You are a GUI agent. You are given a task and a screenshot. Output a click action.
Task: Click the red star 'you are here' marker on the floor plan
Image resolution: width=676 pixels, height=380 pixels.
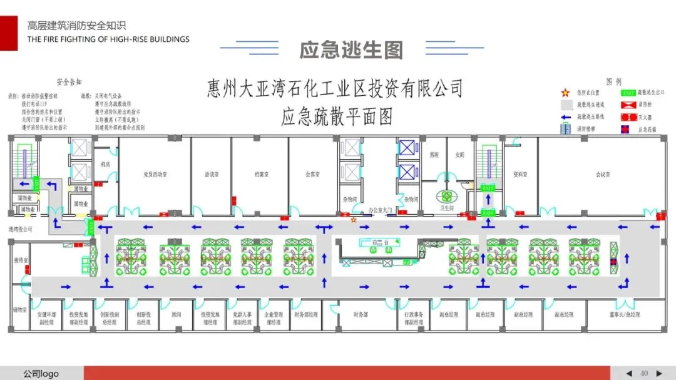[x=354, y=220]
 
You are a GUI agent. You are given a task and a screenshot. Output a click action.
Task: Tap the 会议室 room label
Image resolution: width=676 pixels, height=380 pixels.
[x=603, y=175]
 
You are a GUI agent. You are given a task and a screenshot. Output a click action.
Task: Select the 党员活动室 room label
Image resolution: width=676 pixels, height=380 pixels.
[x=155, y=175]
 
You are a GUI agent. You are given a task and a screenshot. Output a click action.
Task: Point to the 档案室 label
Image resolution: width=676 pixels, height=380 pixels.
[x=262, y=175]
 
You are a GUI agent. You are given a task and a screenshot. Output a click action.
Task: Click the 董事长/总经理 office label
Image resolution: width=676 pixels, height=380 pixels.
[x=625, y=314]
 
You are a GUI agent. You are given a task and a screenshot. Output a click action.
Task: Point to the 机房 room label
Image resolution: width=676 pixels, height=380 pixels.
[x=105, y=164]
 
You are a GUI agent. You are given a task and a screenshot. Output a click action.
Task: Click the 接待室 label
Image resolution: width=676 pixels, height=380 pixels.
[x=21, y=259]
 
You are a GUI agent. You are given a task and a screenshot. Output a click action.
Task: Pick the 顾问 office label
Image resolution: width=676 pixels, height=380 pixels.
[x=176, y=314]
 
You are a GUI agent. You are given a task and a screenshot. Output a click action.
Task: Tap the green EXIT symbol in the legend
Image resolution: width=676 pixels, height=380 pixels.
[x=628, y=93]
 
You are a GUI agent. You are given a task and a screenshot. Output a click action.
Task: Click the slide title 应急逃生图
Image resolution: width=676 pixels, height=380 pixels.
[x=351, y=50]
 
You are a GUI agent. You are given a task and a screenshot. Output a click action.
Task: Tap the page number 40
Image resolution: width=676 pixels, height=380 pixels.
[x=643, y=373]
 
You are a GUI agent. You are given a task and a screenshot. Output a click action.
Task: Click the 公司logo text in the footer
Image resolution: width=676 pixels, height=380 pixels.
[x=41, y=374]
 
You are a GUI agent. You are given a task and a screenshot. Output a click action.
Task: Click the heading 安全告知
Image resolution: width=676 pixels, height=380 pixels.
[x=69, y=82]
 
